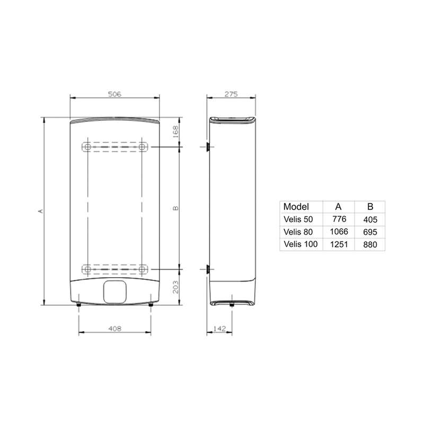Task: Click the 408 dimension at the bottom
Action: [x=114, y=329]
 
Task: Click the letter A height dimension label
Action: [x=40, y=211]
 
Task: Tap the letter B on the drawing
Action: [x=176, y=207]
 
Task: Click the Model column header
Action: [x=296, y=207]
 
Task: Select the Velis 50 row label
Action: [x=298, y=219]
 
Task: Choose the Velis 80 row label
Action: [x=298, y=231]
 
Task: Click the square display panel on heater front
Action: [x=115, y=291]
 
